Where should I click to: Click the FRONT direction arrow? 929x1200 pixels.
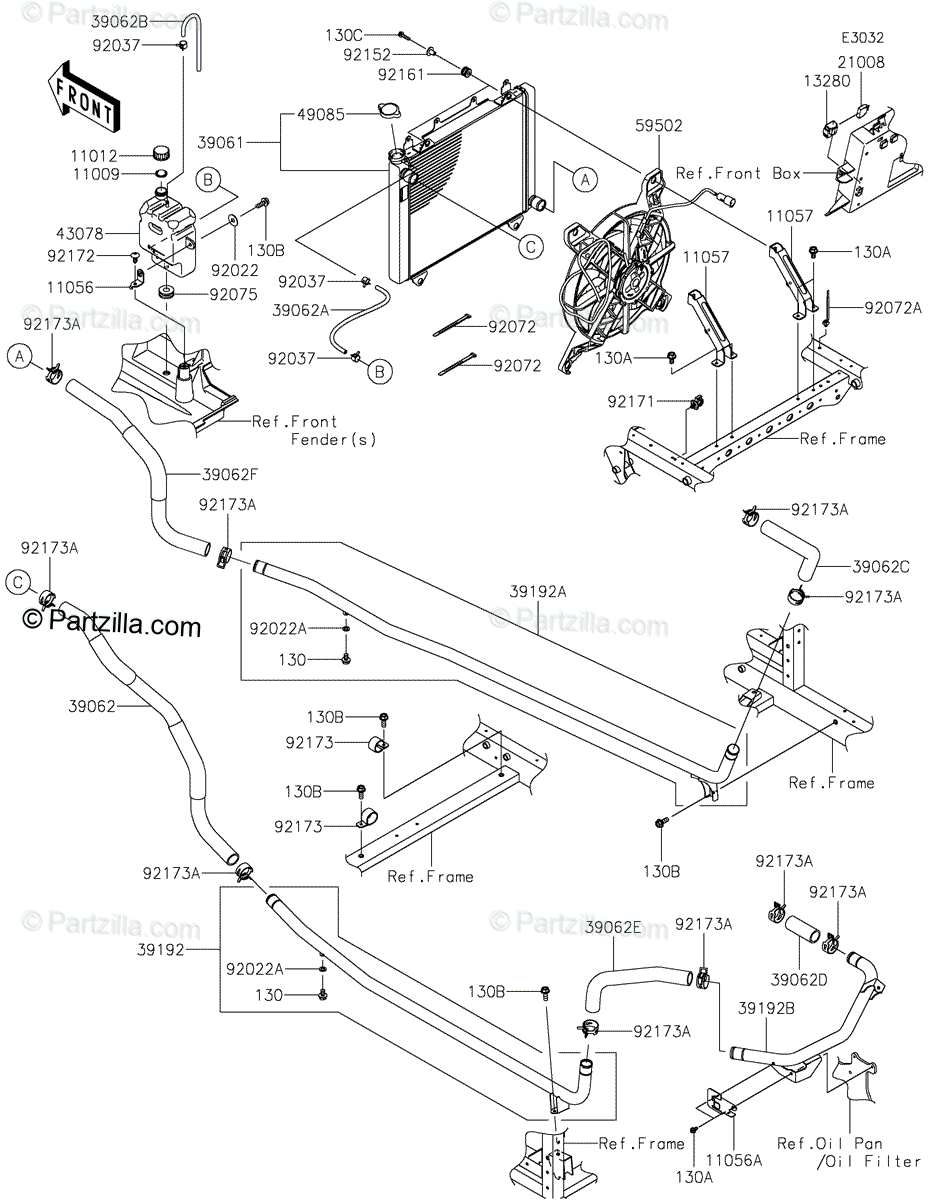pos(83,97)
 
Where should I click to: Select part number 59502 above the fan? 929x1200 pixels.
pos(659,126)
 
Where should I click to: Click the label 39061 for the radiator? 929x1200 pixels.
pos(221,144)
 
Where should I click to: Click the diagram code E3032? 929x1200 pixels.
pos(862,38)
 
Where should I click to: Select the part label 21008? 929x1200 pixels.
pos(861,62)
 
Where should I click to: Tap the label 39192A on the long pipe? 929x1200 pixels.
pos(538,592)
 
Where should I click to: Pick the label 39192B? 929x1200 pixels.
pos(766,1009)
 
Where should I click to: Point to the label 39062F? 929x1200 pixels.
pos(230,474)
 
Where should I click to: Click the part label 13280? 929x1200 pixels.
pos(826,81)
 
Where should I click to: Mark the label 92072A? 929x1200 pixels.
pos(893,308)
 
